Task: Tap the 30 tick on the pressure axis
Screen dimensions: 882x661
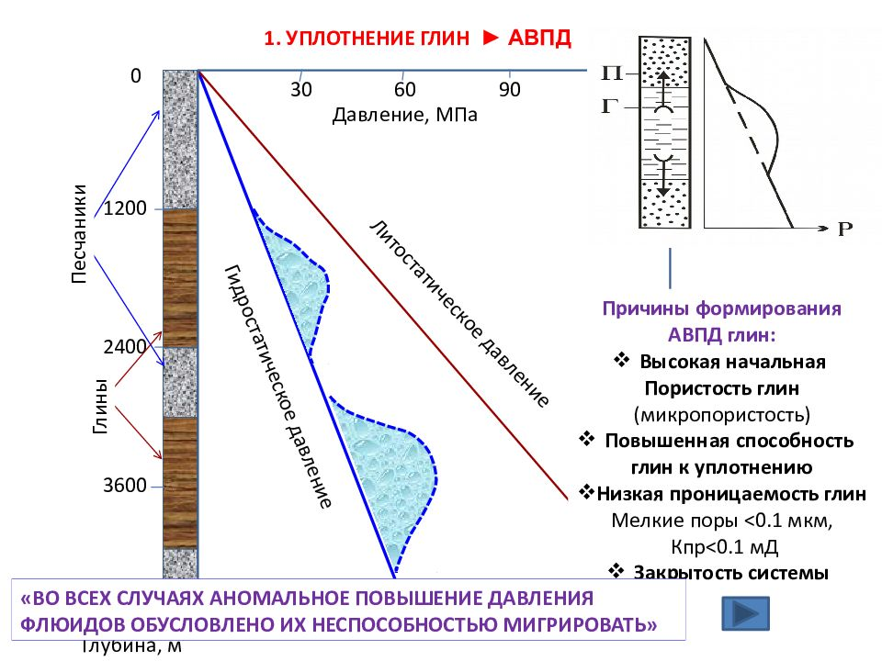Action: coord(301,90)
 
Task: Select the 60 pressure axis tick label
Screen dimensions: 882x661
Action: coord(405,90)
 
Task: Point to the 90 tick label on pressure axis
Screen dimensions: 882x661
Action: coord(510,90)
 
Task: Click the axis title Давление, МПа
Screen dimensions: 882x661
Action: coord(405,115)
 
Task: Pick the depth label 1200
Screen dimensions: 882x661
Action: coord(126,208)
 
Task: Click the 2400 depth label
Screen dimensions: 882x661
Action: coord(126,347)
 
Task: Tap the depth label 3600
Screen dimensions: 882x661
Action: coord(126,486)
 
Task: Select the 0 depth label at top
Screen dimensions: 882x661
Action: coord(136,76)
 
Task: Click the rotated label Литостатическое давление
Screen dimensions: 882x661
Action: coord(459,313)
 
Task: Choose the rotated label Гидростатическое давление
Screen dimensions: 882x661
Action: coord(277,387)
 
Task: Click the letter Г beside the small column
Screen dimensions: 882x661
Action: coord(607,106)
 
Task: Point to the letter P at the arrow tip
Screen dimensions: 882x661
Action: coord(846,230)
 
